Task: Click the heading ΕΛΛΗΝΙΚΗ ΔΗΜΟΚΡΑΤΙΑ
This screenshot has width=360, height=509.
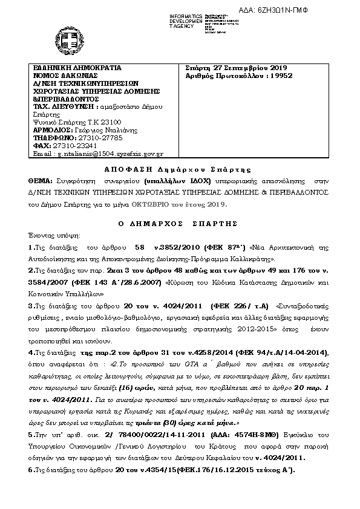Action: pyautogui.click(x=77, y=68)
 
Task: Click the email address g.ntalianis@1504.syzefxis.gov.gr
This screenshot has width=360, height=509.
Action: pyautogui.click(x=108, y=154)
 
